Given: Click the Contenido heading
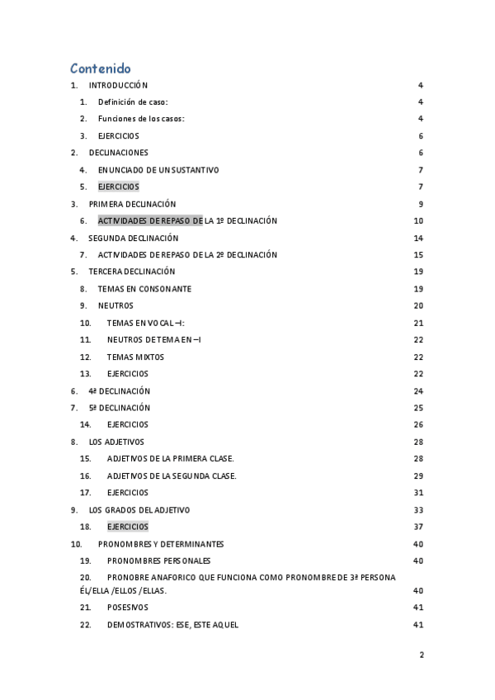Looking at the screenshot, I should point(100,69).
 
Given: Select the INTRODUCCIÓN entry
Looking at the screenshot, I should point(118,85).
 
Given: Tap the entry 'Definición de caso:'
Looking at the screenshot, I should point(133,102).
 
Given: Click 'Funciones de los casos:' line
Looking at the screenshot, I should point(141,119).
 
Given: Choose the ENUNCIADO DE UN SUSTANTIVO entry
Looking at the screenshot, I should point(158,170).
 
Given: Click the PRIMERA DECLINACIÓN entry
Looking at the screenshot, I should point(132,204).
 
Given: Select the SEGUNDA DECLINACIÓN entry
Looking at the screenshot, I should point(133,238).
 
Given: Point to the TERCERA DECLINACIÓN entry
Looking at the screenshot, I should point(132,272).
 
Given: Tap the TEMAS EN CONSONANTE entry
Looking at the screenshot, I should point(144,289).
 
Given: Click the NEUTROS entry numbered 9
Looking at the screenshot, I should point(115,305).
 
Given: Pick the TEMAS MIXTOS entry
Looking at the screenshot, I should point(135,357).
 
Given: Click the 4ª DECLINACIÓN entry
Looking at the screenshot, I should point(119,391).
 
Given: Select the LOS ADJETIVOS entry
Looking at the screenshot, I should point(116,442).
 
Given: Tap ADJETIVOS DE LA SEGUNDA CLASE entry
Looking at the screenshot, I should point(172,475).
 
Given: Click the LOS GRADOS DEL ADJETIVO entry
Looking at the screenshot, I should point(139,509).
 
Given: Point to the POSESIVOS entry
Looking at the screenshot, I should point(128,607).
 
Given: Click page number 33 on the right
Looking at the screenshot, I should point(418,509).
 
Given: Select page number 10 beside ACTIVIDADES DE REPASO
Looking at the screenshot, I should point(418,221).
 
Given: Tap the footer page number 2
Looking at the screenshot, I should point(422,655).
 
